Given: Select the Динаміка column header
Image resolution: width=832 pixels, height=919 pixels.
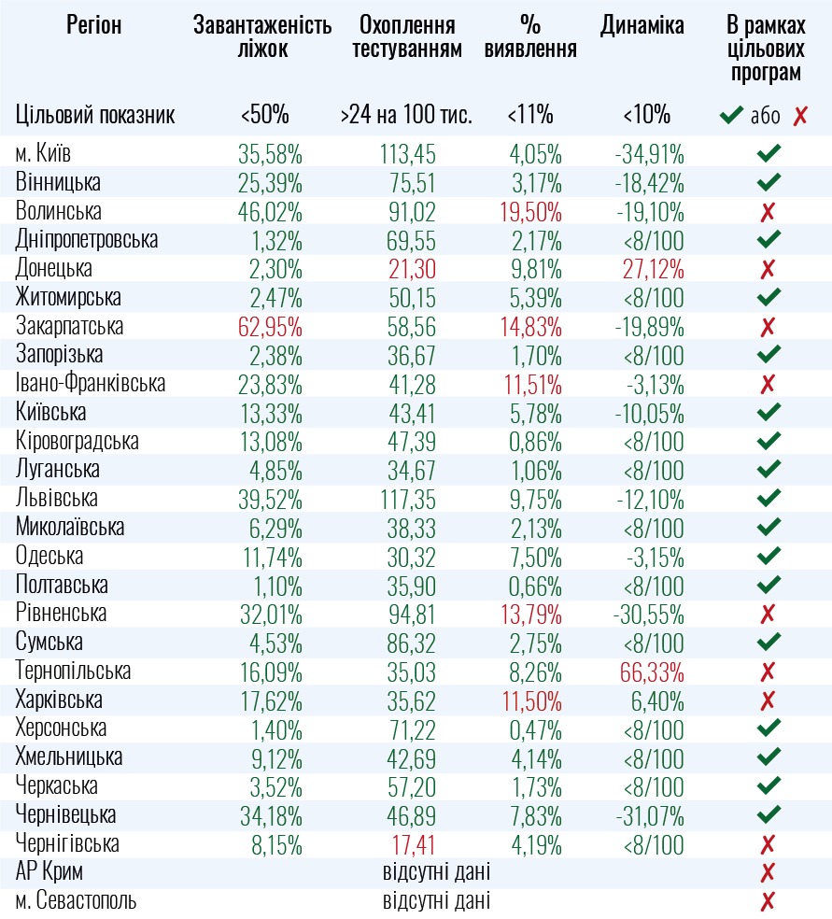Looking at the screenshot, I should [642, 26].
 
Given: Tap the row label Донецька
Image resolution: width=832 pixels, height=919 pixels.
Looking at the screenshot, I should [54, 269].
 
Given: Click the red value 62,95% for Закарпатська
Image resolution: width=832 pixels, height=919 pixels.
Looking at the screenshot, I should [270, 327].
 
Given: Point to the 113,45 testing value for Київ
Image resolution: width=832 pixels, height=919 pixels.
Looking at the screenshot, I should [408, 154].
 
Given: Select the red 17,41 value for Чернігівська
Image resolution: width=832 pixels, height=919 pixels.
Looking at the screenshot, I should [411, 844].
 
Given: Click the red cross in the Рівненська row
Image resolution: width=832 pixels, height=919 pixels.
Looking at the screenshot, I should [769, 614].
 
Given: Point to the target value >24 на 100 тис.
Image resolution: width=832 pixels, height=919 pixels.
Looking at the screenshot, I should [407, 116].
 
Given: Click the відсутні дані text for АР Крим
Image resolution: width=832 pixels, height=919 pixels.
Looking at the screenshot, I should [436, 873].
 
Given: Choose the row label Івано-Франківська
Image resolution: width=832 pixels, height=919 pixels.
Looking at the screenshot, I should [91, 384].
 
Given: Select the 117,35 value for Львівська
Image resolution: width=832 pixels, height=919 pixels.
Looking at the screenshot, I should [408, 499].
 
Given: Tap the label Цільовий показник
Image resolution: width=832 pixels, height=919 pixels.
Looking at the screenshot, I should [95, 116].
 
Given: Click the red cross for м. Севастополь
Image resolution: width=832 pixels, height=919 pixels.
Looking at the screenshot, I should [769, 901].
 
